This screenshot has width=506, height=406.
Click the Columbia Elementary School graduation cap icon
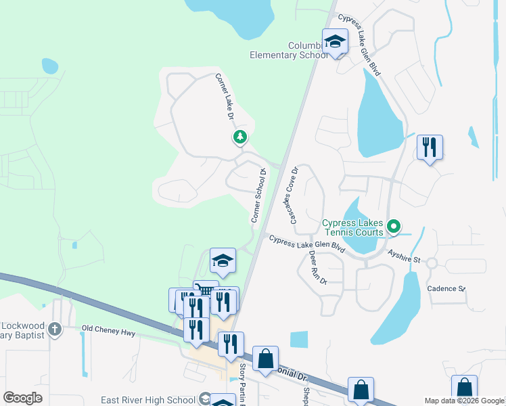tap(335, 43)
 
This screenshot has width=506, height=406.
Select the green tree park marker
tap(239, 137)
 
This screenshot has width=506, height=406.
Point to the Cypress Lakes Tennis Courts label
tap(352, 227)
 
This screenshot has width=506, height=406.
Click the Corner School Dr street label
tap(258, 196)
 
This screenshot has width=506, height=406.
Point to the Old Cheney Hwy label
tap(108, 332)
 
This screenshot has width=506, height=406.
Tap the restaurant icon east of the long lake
tap(430, 147)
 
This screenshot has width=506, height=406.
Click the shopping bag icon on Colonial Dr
tap(266, 358)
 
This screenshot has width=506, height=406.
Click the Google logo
tap(22, 398)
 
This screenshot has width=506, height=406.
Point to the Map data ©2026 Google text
tap(464, 401)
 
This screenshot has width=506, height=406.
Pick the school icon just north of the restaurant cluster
tap(223, 260)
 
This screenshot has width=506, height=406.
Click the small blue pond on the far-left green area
tap(50, 66)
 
